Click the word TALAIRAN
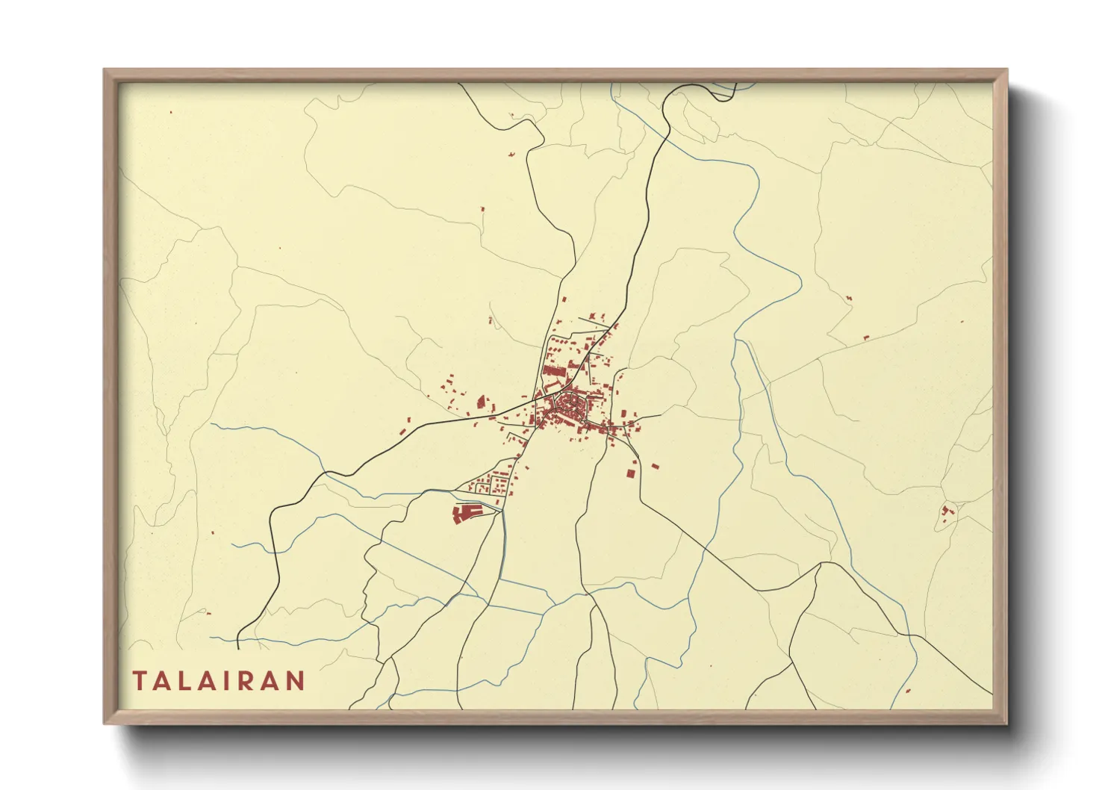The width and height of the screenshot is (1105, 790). tap(219, 681)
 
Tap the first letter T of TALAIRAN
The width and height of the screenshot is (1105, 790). tap(140, 681)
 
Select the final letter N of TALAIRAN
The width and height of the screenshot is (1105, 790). tap(297, 681)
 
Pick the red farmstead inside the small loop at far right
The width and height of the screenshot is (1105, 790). tap(947, 511)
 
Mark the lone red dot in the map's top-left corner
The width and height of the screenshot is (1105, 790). tap(171, 113)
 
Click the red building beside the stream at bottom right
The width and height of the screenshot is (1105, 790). tap(909, 691)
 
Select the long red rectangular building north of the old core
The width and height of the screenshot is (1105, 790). tap(554, 370)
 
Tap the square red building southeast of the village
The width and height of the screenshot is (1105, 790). tap(631, 473)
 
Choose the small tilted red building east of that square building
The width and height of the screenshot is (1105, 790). tap(655, 466)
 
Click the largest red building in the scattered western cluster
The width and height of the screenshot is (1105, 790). tap(480, 402)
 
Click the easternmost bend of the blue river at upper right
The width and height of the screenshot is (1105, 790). tap(801, 282)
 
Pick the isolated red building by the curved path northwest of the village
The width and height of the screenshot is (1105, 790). tap(491, 321)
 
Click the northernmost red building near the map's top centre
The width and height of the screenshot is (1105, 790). tap(511, 114)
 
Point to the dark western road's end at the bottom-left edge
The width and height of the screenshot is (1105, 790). tap(237, 648)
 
